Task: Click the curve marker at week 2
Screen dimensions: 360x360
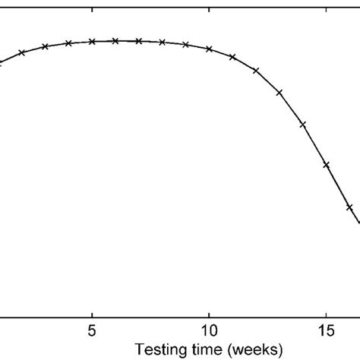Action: click(22, 52)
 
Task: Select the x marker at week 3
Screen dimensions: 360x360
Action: click(46, 46)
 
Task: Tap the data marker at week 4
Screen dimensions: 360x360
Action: click(68, 43)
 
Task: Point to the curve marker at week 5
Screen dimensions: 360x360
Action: click(92, 42)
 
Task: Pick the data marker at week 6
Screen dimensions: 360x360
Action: click(115, 41)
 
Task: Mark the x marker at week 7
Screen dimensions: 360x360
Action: click(139, 41)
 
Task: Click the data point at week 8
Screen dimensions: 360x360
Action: click(163, 43)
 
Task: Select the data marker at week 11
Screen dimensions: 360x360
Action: click(232, 57)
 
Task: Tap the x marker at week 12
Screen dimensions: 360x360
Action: click(256, 71)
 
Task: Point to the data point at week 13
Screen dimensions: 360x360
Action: click(279, 93)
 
